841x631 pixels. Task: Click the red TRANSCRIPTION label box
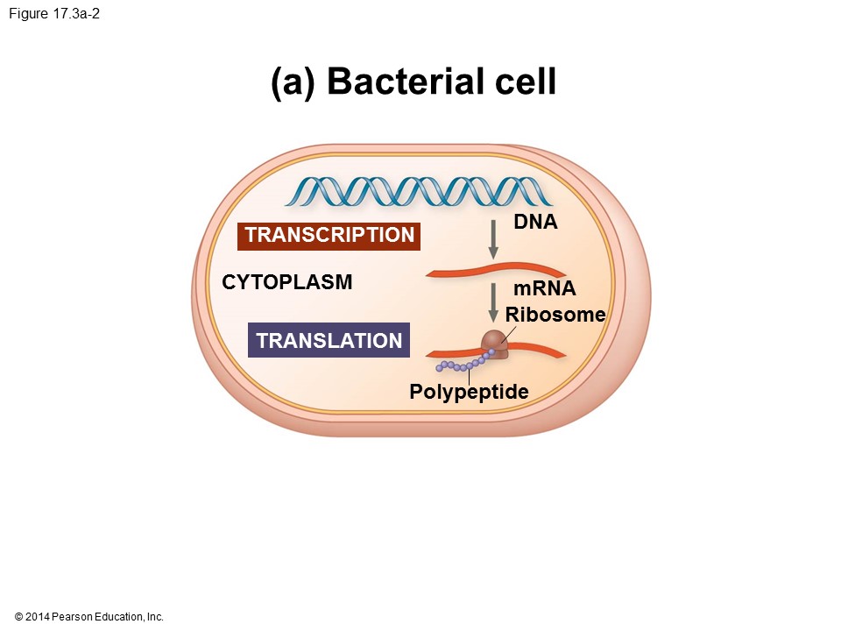click(x=329, y=236)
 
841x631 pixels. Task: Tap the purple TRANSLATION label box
click(x=329, y=341)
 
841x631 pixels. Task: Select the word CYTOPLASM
click(x=287, y=282)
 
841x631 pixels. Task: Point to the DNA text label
click(x=535, y=223)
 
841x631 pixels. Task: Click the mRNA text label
click(x=544, y=289)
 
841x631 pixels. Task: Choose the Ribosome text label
click(x=555, y=315)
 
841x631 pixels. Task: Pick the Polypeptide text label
click(x=469, y=392)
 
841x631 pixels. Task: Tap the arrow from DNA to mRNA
click(x=493, y=238)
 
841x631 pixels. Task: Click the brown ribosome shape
click(x=494, y=342)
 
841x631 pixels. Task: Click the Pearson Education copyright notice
click(x=89, y=617)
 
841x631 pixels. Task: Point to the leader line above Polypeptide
click(x=470, y=375)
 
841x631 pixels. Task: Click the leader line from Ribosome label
click(x=508, y=333)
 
